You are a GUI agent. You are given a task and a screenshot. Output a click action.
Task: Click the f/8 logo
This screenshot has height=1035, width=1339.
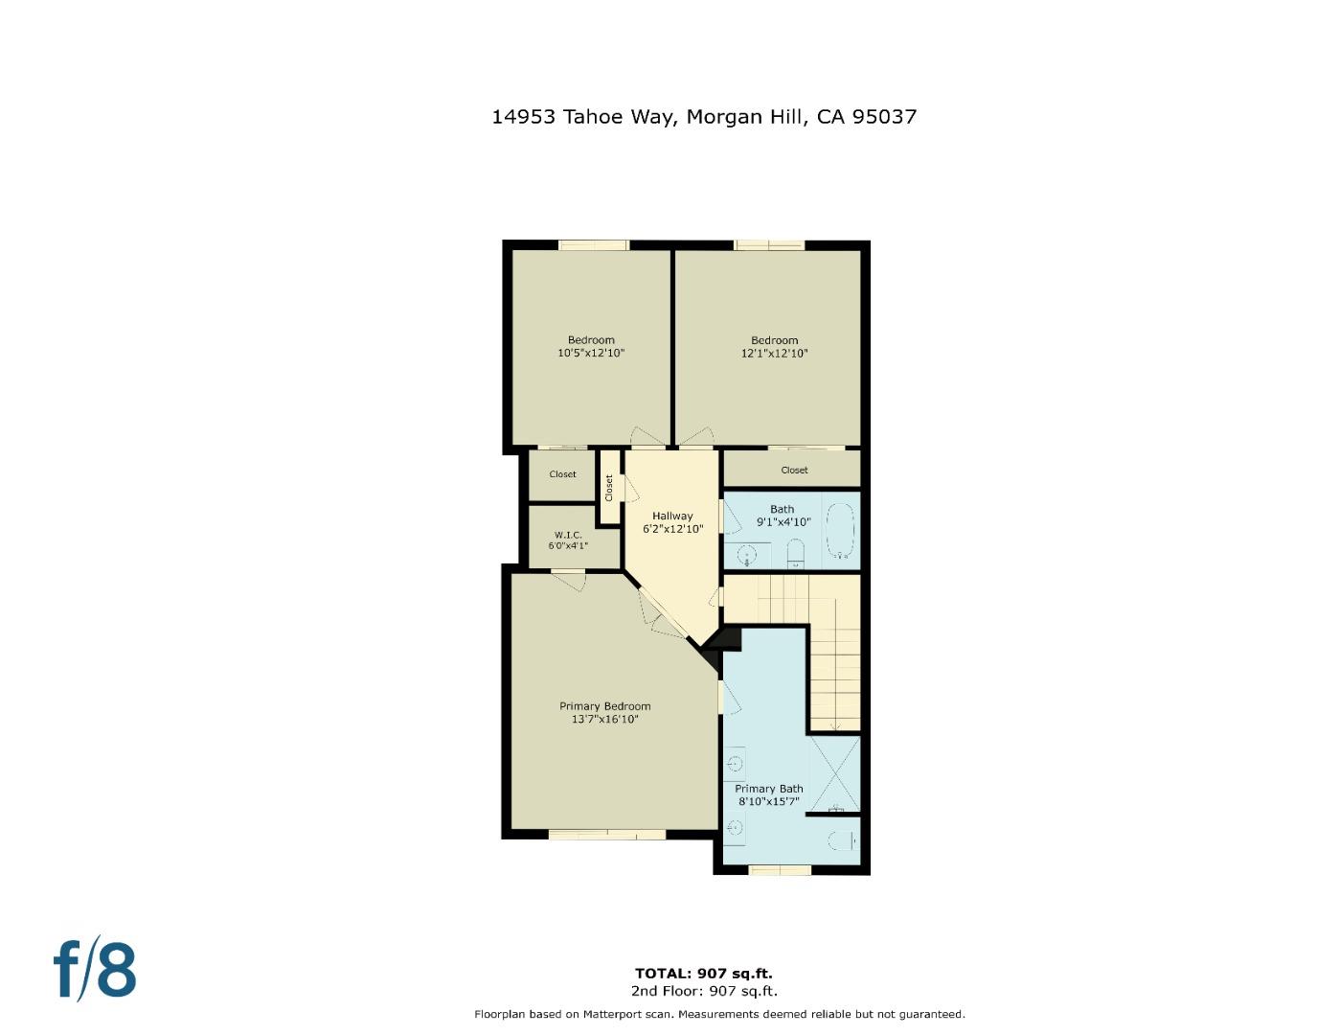coord(94,970)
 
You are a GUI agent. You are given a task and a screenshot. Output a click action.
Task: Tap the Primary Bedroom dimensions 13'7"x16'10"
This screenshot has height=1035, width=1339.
coord(604,720)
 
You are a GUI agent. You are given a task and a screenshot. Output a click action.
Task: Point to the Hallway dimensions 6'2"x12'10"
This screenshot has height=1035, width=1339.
coord(672,529)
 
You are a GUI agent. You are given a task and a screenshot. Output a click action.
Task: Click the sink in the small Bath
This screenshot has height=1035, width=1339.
coord(747,554)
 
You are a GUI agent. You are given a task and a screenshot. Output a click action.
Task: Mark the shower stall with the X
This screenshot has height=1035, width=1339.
coord(834,773)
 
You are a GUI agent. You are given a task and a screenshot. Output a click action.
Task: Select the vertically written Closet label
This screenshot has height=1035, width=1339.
coord(609,488)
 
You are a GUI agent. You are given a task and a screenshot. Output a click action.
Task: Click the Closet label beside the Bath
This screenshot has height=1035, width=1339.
coord(794,471)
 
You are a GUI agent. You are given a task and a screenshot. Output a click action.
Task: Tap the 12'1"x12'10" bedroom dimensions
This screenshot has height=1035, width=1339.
coord(774,354)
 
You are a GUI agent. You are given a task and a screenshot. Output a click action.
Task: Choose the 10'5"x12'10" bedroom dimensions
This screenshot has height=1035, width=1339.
coord(591,354)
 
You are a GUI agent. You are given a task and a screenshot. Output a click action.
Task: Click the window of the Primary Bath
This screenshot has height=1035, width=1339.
coord(780,870)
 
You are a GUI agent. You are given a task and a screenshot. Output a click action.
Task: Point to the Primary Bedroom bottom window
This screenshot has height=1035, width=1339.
coord(606,835)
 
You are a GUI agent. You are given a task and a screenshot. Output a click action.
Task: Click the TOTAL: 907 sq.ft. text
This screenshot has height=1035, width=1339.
coord(703,974)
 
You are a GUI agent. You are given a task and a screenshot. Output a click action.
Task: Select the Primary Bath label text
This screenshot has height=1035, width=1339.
coord(768,789)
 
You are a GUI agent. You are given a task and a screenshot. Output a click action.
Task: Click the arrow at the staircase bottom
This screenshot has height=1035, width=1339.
coord(835,725)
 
